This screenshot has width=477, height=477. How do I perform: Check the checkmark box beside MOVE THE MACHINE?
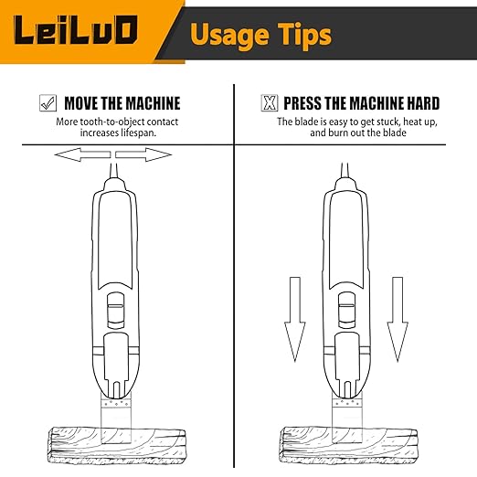click(x=48, y=103)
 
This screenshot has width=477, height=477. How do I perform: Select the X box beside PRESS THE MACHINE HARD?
click(x=270, y=103)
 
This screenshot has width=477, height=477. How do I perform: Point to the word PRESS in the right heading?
click(x=304, y=103)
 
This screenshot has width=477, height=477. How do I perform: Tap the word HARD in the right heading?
click(x=419, y=103)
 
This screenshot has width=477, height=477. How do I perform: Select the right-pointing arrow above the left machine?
click(x=146, y=155)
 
